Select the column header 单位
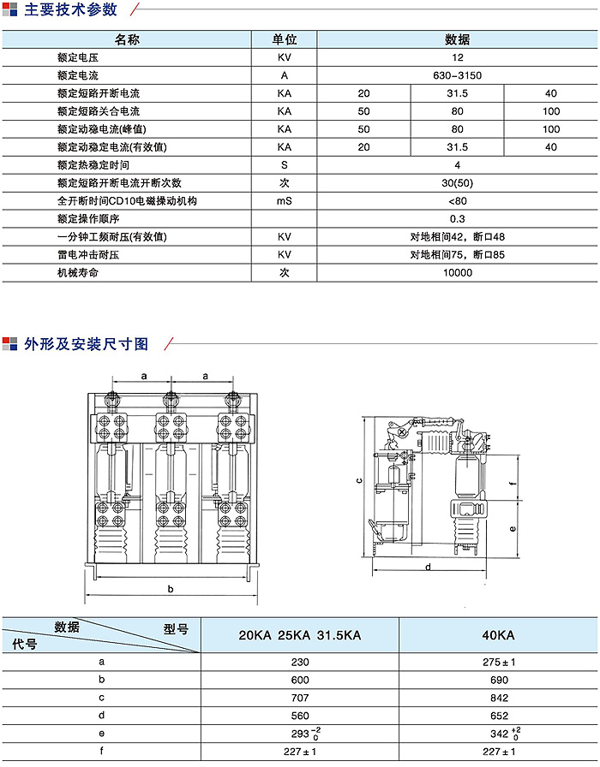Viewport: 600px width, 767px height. [x=285, y=39]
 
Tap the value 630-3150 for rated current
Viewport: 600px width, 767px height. [x=457, y=75]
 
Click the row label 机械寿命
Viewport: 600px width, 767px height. [x=78, y=272]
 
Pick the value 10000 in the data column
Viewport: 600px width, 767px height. [x=457, y=272]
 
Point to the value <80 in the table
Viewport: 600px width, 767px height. [x=457, y=201]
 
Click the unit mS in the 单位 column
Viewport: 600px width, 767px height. [x=285, y=201]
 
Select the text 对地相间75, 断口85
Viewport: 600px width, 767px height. [x=457, y=254]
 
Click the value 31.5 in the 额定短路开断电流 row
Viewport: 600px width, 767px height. [x=457, y=93]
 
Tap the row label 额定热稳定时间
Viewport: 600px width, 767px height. [x=93, y=164]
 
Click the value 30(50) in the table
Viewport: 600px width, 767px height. [x=457, y=182]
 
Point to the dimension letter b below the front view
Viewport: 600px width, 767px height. [x=171, y=589]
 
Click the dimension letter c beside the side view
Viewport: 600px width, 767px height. [x=360, y=482]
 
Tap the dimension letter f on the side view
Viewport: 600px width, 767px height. [x=512, y=483]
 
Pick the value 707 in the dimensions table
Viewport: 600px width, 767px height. [x=299, y=699]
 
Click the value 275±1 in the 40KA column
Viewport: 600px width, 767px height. [x=498, y=663]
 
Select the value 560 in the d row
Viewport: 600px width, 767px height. [x=299, y=716]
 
